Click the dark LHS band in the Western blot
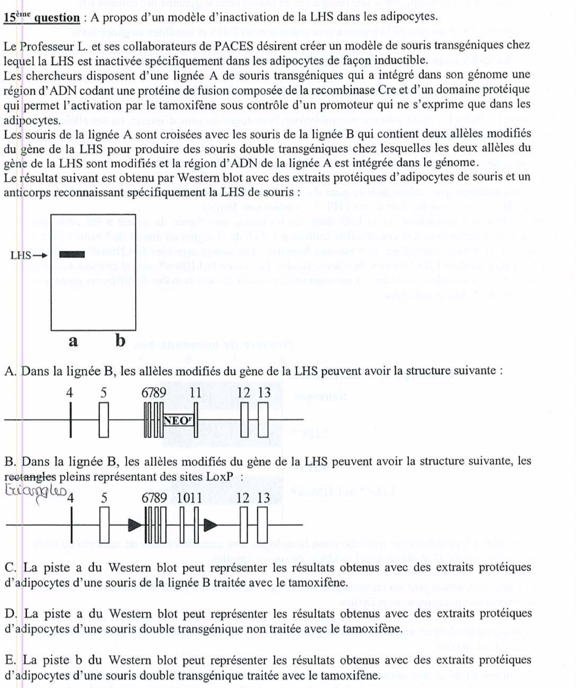click(72, 254)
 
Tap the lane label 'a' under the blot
click(73, 341)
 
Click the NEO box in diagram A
click(178, 420)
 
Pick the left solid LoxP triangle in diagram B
click(134, 525)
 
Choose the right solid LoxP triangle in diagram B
click(210, 525)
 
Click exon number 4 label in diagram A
click(70, 393)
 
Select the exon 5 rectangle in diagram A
click(104, 420)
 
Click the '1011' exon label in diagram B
click(189, 498)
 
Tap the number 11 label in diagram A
click(196, 393)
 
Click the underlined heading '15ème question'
click(41, 17)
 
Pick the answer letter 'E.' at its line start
click(11, 660)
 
